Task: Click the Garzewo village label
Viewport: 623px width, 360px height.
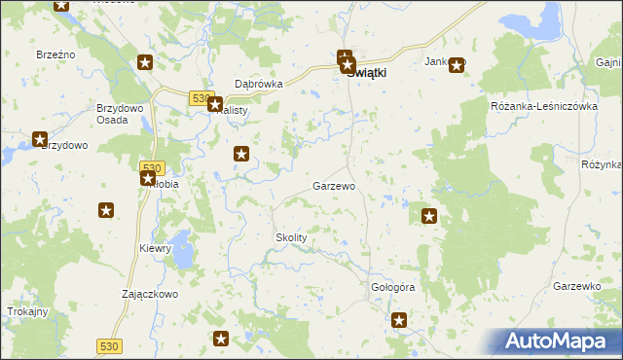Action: pyautogui.click(x=333, y=185)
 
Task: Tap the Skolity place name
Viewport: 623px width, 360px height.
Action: pyautogui.click(x=291, y=237)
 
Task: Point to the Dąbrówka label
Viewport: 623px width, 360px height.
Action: pyautogui.click(x=259, y=84)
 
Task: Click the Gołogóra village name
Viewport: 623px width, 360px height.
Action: pyautogui.click(x=393, y=288)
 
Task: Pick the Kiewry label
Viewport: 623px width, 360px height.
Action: pyautogui.click(x=155, y=248)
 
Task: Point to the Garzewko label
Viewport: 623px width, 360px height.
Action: pyautogui.click(x=575, y=286)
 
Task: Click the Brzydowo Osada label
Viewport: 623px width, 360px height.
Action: pyautogui.click(x=120, y=113)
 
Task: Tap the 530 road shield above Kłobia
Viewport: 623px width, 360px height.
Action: pyautogui.click(x=151, y=167)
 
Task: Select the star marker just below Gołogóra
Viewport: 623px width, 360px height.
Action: pyautogui.click(x=399, y=319)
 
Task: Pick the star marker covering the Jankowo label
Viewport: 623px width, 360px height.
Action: pyautogui.click(x=456, y=65)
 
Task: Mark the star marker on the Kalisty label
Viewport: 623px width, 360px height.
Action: pyautogui.click(x=216, y=104)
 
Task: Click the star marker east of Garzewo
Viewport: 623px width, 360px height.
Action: pyautogui.click(x=428, y=216)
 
